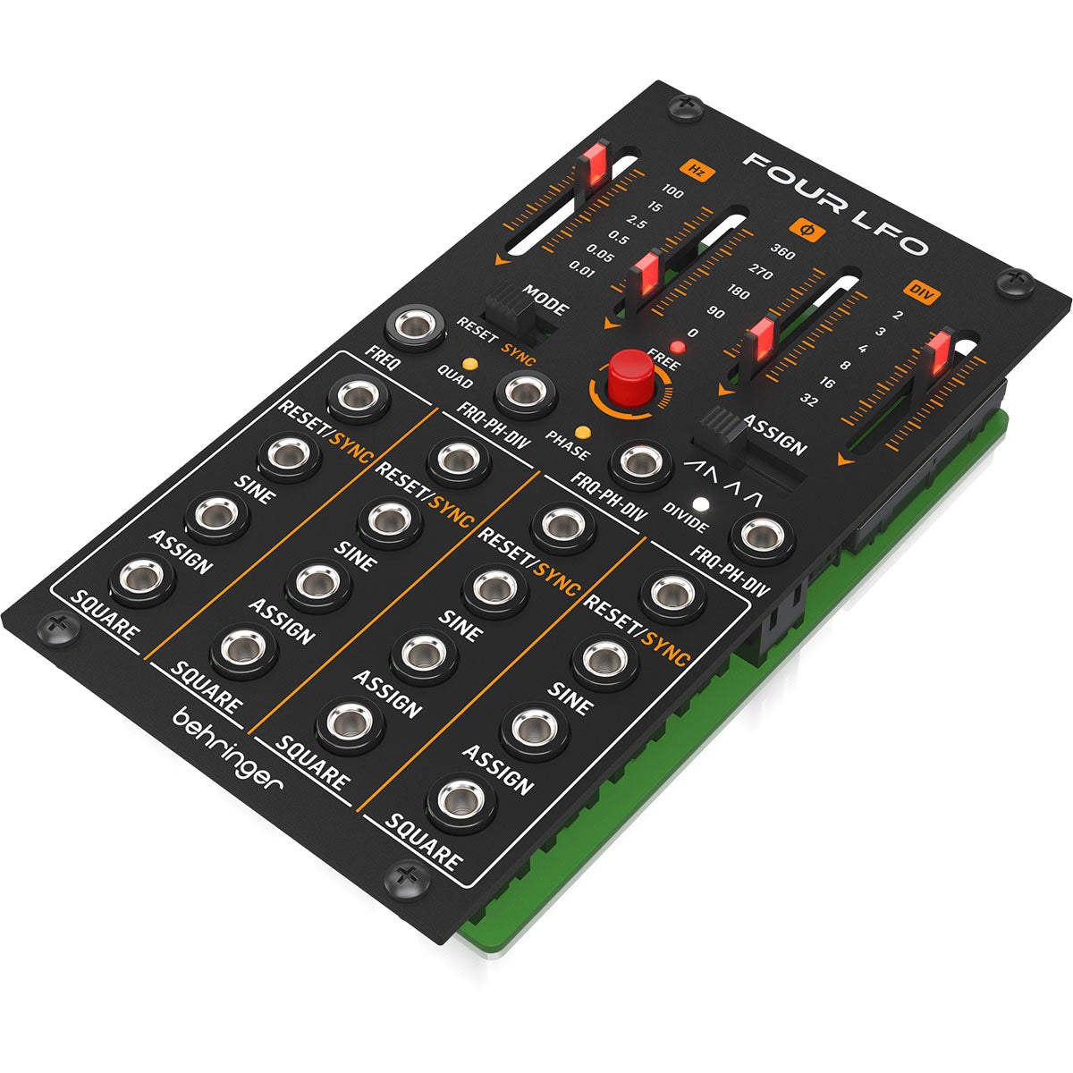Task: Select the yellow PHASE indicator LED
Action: tap(582, 432)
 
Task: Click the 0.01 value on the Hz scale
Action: tap(582, 271)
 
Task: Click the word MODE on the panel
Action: tap(545, 300)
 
